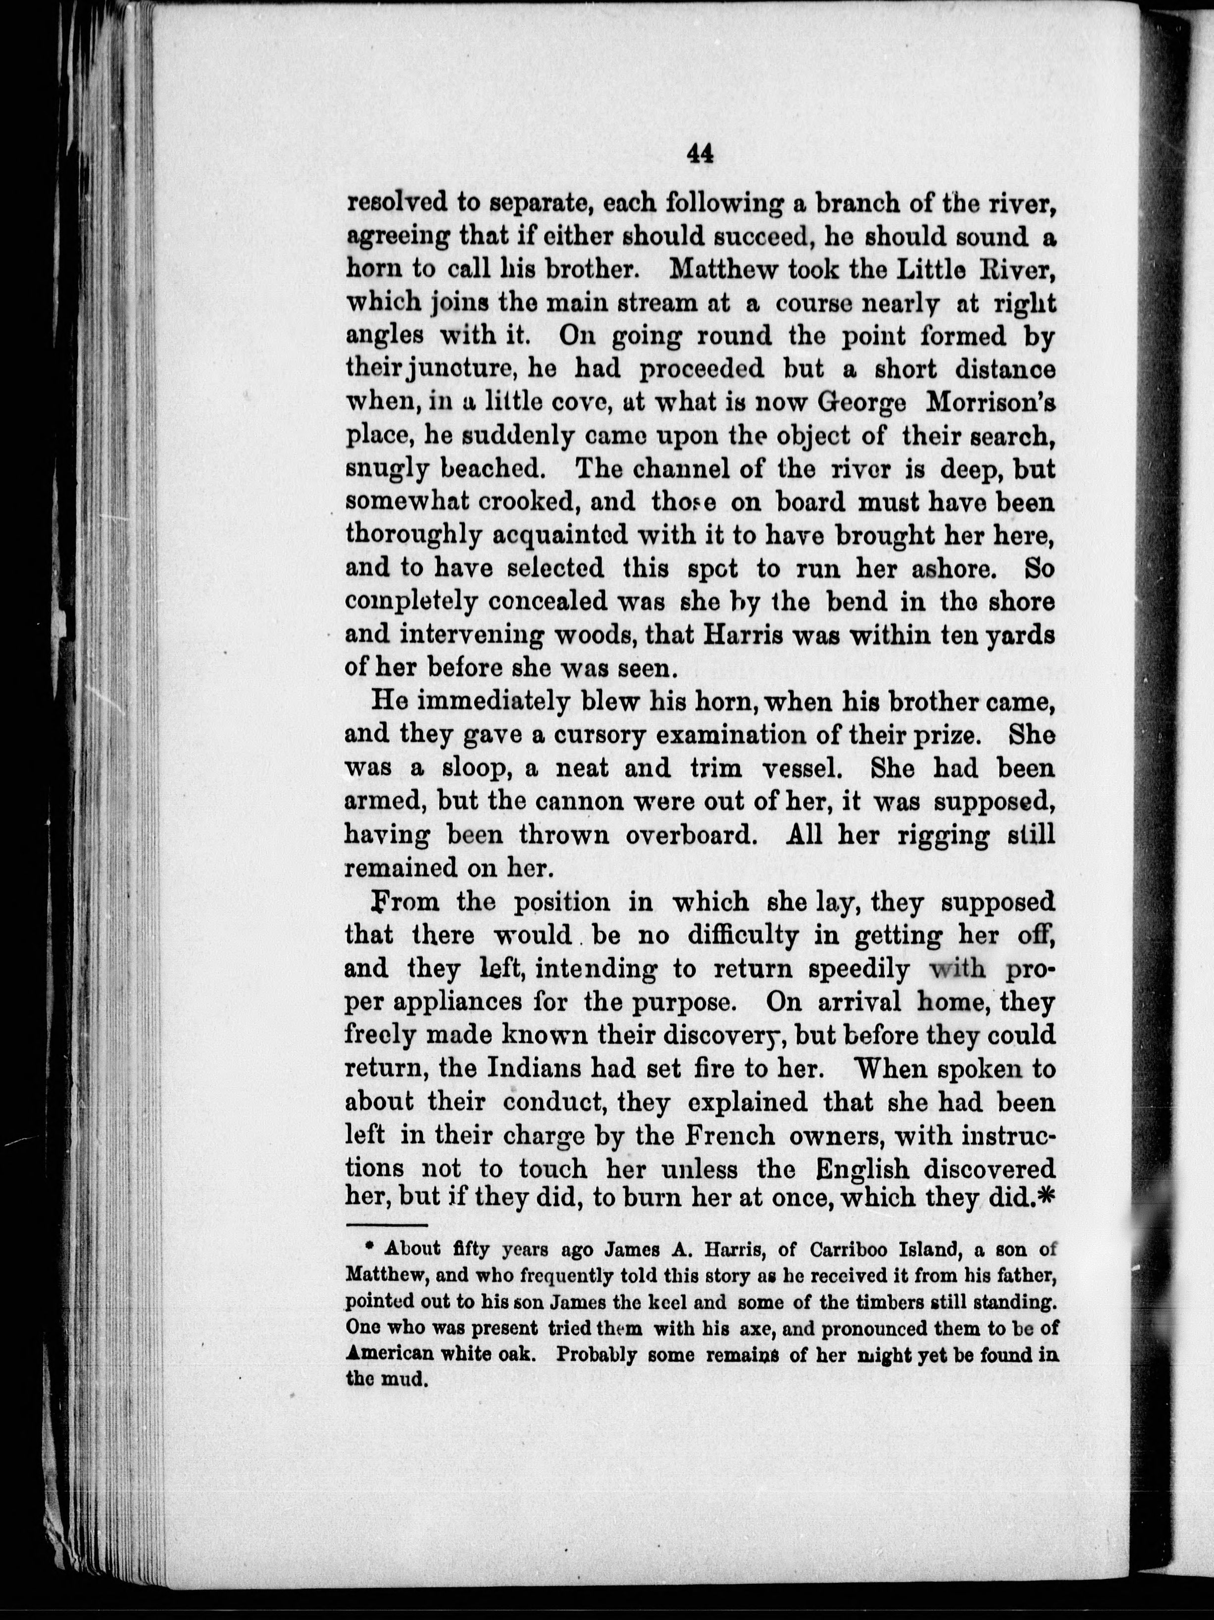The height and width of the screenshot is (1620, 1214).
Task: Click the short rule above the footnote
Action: click(385, 1224)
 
